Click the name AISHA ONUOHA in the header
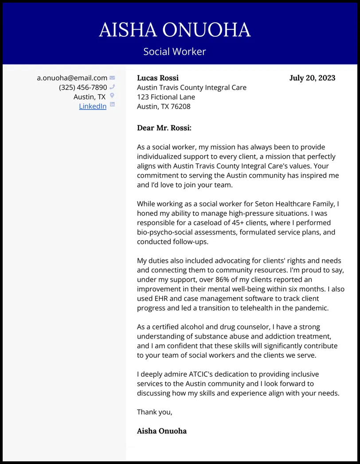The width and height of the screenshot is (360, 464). [x=175, y=30]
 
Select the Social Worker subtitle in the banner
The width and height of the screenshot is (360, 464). [x=175, y=51]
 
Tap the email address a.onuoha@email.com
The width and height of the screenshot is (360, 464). [x=72, y=78]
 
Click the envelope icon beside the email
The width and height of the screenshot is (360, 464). [x=112, y=78]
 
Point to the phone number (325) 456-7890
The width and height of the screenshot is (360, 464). [x=83, y=87]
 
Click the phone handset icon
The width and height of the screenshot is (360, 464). [x=112, y=87]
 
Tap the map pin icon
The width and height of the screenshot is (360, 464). [x=112, y=96]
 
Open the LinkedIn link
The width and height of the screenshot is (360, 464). [x=93, y=106]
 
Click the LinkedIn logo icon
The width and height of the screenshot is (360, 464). [x=112, y=105]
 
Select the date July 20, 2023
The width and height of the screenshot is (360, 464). [x=312, y=78]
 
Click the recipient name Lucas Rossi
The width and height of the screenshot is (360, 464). [x=158, y=78]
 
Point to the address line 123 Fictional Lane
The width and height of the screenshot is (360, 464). [x=166, y=97]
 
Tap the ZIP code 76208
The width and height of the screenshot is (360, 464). [x=180, y=106]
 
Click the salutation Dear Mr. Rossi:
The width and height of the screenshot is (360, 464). [x=164, y=128]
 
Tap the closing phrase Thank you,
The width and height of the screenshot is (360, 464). [x=154, y=412]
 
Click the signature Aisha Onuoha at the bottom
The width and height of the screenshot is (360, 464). [x=162, y=431]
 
